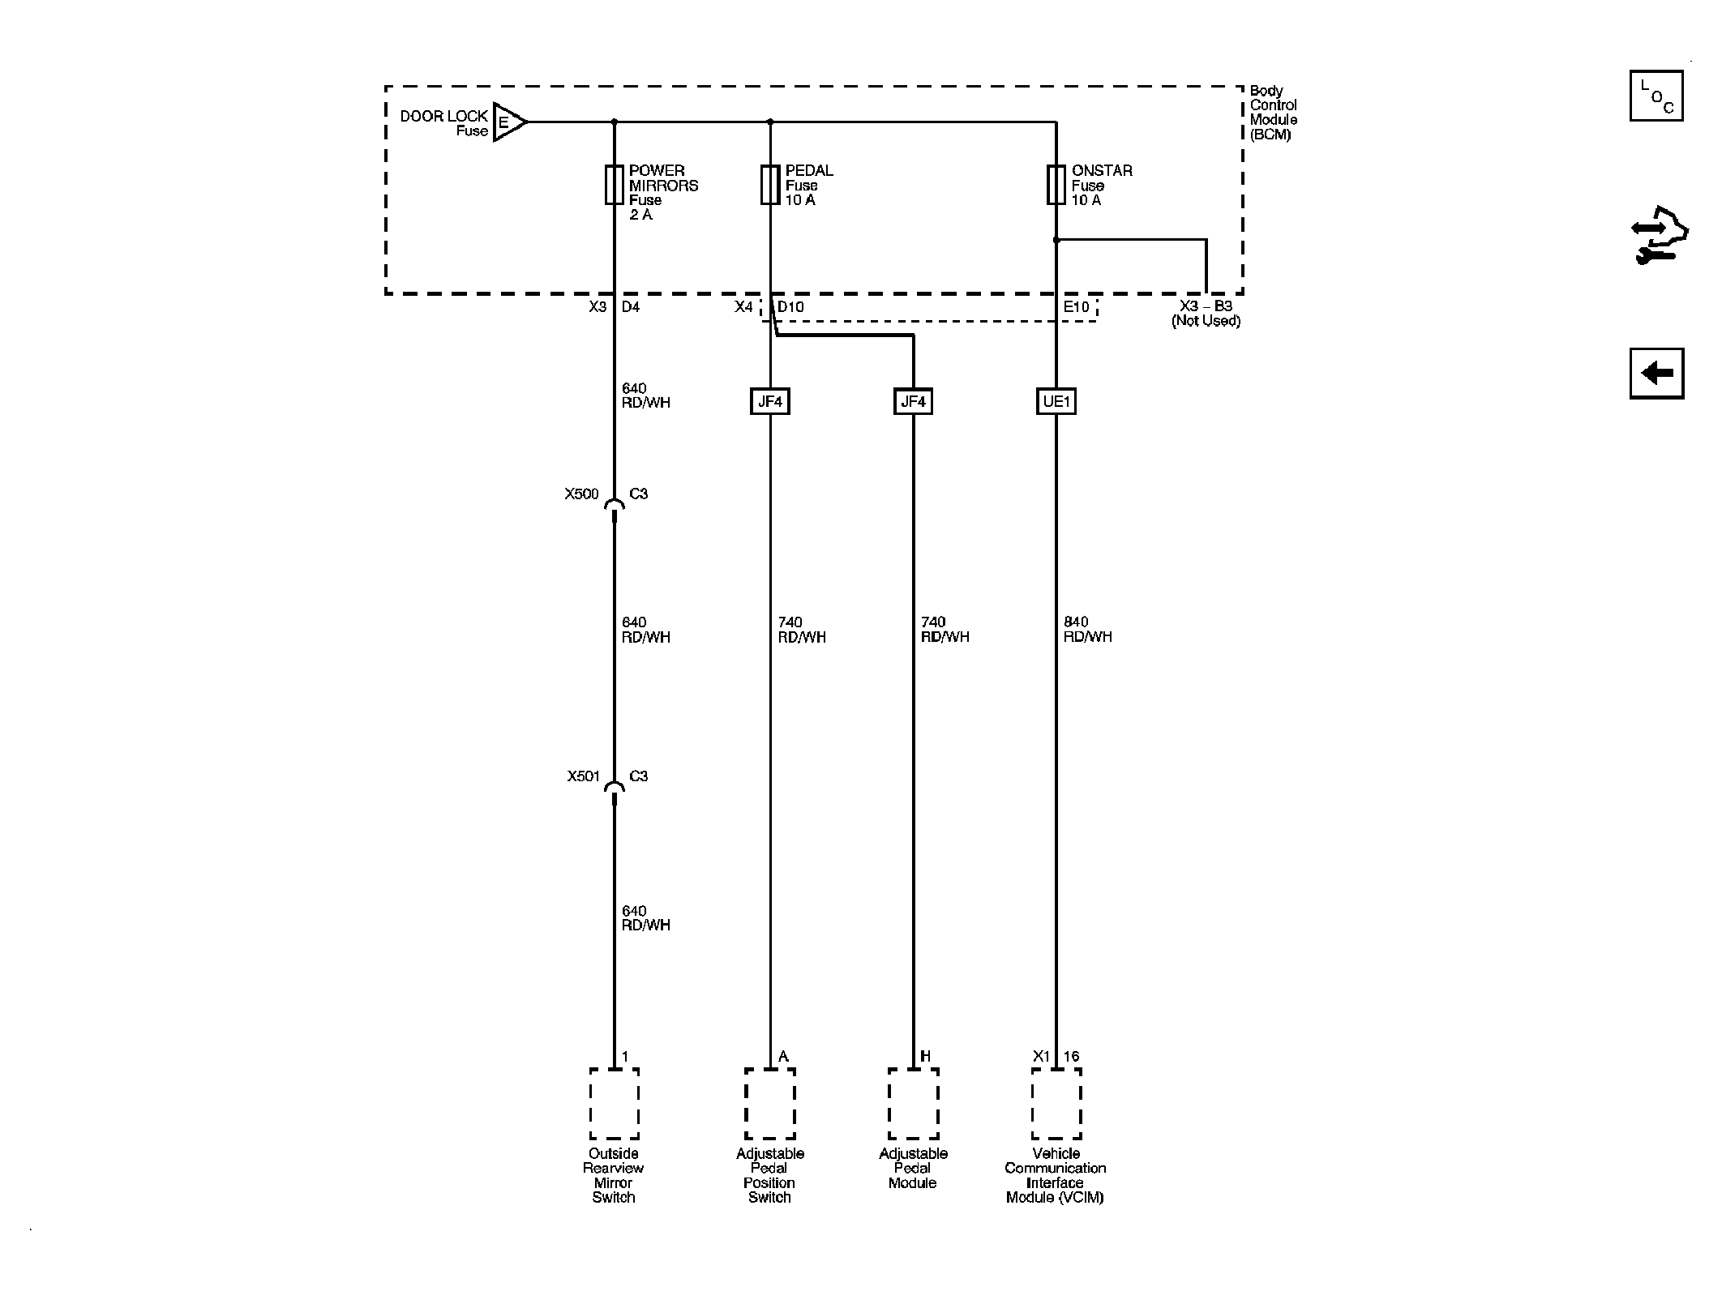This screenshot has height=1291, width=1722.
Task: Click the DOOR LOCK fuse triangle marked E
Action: coord(509,123)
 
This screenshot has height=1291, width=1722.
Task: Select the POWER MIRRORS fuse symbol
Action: coord(614,185)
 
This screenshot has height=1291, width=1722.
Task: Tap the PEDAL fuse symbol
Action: coord(770,185)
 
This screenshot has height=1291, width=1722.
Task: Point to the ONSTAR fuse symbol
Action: coord(1056,185)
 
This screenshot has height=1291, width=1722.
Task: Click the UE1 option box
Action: coord(1056,401)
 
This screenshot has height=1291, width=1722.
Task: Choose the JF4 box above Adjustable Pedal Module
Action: coord(913,401)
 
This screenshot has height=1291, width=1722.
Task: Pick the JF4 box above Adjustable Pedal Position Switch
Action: coord(770,401)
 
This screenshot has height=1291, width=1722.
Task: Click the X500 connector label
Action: coord(581,494)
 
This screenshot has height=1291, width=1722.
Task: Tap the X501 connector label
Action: coord(583,776)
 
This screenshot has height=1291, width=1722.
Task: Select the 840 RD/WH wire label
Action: coord(1087,630)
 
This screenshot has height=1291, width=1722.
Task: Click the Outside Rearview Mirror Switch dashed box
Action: coord(615,1104)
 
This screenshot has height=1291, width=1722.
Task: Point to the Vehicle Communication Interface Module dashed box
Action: coord(1056,1104)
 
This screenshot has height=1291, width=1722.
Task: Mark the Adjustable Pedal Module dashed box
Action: coord(914,1104)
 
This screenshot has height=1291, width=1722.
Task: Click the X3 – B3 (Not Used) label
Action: coord(1206,314)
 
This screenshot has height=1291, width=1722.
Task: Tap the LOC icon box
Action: coord(1656,96)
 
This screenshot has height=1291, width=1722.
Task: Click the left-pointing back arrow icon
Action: coord(1656,374)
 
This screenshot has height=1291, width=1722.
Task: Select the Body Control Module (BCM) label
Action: coord(1273,113)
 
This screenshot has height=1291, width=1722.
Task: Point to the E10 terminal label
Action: coord(1077,307)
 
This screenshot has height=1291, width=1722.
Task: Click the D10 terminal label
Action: coord(790,307)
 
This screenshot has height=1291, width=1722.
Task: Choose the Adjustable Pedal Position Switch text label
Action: coord(769,1175)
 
